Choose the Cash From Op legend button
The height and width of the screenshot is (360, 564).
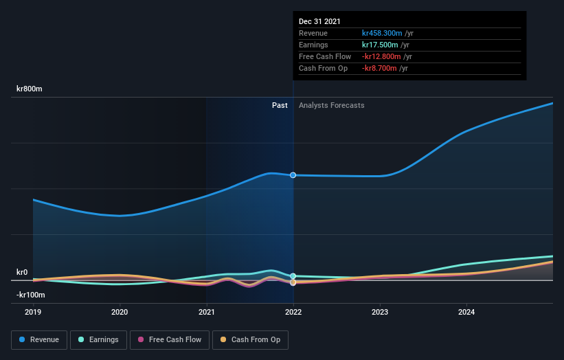click(251, 339)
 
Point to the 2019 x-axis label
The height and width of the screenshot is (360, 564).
click(33, 311)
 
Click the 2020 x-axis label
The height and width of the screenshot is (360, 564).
click(120, 311)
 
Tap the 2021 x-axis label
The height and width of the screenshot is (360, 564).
click(206, 311)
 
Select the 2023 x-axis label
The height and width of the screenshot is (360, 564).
click(380, 311)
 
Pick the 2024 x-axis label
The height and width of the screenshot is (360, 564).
click(466, 311)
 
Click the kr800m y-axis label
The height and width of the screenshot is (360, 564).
click(30, 89)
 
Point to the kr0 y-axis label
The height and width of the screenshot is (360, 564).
click(22, 272)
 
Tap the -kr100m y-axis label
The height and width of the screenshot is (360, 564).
click(31, 295)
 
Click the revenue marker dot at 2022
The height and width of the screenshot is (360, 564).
click(293, 175)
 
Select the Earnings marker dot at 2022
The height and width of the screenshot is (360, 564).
click(293, 276)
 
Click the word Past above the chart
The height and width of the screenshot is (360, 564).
click(280, 105)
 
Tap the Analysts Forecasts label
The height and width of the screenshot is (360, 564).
click(331, 105)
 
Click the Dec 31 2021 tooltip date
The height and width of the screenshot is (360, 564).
click(319, 22)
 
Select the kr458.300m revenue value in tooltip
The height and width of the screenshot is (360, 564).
click(382, 33)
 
